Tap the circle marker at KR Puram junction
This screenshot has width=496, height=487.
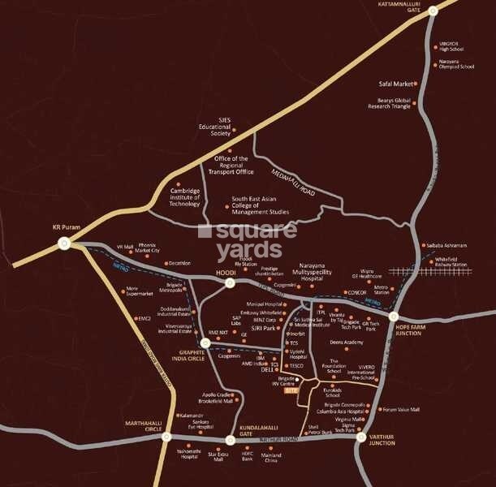click(64, 248)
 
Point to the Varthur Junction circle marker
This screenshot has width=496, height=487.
click(361, 437)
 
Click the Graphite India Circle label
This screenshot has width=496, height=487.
click(183, 357)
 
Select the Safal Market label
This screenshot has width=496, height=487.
click(396, 84)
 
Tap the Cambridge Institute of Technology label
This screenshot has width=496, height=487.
click(184, 194)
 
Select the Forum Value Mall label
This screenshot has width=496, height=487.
click(401, 410)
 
